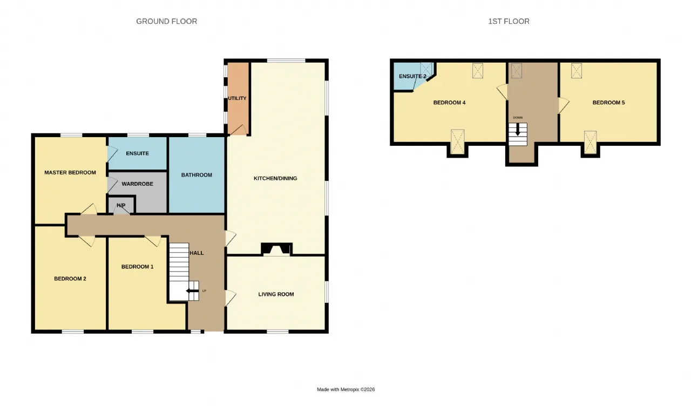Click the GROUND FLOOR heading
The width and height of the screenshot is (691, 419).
click(167, 21)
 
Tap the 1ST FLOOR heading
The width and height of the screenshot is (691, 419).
click(509, 21)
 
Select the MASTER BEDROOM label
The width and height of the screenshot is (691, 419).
click(70, 172)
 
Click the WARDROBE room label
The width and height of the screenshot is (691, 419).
click(137, 184)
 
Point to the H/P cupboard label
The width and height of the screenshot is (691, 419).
click(121, 205)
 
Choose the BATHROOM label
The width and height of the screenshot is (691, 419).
click(197, 175)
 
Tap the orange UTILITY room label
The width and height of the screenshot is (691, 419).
click(237, 98)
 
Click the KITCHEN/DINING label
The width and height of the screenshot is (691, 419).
click(275, 178)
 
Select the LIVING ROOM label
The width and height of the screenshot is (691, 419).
click(276, 294)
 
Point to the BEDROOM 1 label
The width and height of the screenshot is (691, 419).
click(137, 267)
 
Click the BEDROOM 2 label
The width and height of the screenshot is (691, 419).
click(70, 279)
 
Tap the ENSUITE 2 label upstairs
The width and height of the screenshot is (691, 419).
click(412, 76)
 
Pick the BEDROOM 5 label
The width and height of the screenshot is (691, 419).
click(608, 103)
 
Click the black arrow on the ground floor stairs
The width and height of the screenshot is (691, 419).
click(192, 291)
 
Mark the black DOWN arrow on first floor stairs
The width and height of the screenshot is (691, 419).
click(518, 129)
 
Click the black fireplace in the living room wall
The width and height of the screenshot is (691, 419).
click(276, 249)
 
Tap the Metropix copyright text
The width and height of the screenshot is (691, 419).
click(346, 389)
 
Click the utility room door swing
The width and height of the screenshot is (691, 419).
click(239, 130)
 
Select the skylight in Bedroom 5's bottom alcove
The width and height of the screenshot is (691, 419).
click(590, 142)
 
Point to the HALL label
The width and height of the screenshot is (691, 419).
click(197, 253)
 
